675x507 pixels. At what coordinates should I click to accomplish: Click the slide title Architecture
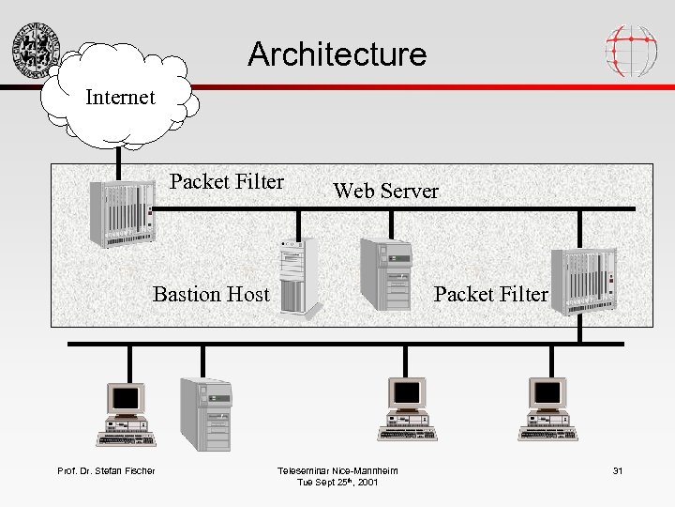coord(337,54)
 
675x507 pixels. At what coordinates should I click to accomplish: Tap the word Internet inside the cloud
coord(120,98)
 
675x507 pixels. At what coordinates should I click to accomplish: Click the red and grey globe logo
coord(630,51)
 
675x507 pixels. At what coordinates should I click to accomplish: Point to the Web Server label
coord(385,192)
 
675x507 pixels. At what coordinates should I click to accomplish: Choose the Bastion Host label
coord(211,295)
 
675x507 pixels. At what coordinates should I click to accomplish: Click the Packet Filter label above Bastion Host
coord(227,182)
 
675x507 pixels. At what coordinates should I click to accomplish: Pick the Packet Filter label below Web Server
coord(490,295)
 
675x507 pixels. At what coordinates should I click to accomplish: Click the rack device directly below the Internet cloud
coord(120,214)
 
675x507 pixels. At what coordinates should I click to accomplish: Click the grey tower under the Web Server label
coord(386,273)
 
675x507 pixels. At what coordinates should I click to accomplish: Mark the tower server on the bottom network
coord(205,414)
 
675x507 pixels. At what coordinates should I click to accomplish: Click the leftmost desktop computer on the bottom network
coord(126,413)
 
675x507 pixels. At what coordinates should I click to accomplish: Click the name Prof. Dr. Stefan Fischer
coord(106,470)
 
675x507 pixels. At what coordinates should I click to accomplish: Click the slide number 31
coord(617,470)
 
